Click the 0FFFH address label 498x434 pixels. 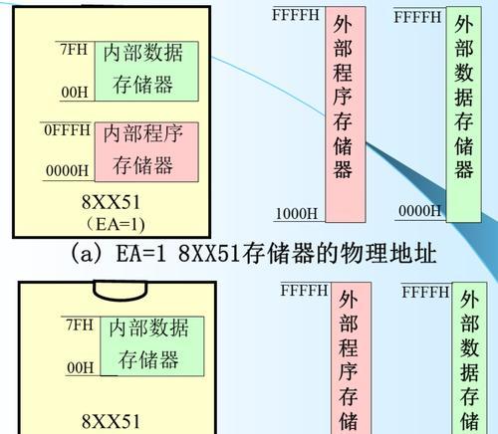68,129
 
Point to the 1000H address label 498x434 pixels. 297,213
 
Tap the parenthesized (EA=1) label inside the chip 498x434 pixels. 116,224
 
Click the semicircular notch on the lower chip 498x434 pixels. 120,291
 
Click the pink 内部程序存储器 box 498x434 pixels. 146,152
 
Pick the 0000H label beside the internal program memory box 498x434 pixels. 68,170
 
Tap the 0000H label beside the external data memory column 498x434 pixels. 419,211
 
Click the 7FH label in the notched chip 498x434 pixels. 80,325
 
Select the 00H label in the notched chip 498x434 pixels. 80,367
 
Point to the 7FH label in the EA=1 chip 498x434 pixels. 74,49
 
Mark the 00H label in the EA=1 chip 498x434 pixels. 75,92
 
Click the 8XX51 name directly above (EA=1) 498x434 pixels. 111,202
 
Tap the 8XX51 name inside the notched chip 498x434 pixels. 111,421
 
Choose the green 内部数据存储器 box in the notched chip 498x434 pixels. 152,346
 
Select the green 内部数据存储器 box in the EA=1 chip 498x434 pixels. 146,71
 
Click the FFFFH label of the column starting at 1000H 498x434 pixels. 296,15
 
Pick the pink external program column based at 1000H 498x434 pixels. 346,114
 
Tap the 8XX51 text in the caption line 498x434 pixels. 208,254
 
